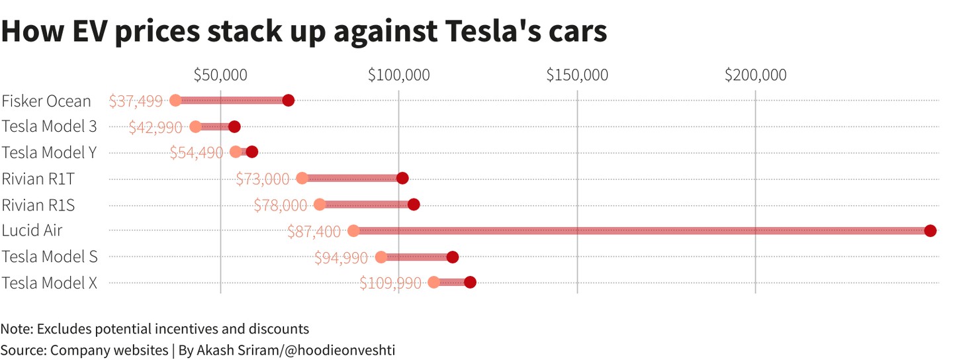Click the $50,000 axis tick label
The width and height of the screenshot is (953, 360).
coord(220,75)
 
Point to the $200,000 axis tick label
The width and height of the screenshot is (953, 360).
coord(756,75)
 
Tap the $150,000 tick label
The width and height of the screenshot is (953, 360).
coord(577,75)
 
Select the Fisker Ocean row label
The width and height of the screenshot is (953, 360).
coord(46,101)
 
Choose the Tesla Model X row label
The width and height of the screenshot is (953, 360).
coord(50,283)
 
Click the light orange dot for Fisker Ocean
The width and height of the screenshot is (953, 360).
coord(175,101)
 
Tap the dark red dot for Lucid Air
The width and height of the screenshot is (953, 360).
coord(930,230)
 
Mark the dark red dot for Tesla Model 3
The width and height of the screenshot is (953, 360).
coord(234,126)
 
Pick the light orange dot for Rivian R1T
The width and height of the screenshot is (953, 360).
coord(302,178)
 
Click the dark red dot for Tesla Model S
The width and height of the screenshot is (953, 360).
coord(453,257)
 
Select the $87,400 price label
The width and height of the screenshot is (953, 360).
coord(314,231)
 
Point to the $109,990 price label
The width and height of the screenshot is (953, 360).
coord(390,283)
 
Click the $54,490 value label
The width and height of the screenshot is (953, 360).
coord(196,153)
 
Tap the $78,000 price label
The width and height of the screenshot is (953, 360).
coord(280,205)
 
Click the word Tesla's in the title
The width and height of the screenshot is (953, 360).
coord(490,31)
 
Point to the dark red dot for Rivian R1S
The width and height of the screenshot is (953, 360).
coord(414,204)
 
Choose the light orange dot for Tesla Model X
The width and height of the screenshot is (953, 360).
coord(434,283)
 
